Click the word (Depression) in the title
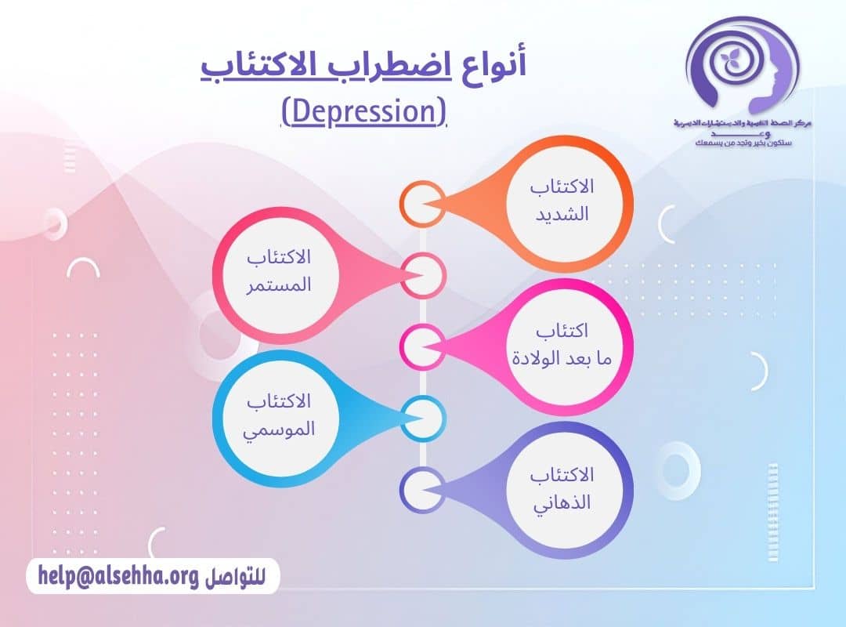point(363,111)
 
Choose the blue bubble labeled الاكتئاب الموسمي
point(279,415)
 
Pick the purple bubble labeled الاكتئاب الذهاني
point(562,488)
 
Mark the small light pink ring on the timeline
point(422,275)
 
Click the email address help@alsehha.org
point(117,576)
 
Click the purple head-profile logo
point(739,67)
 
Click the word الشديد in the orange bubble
point(566,214)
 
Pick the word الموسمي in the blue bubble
point(280,429)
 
